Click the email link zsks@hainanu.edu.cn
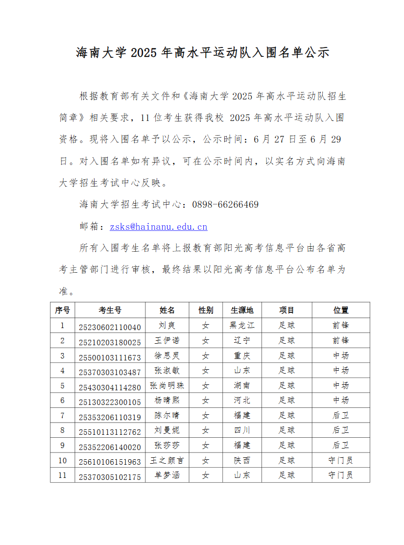(x=159, y=227)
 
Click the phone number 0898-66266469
(x=225, y=204)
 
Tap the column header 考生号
(x=110, y=310)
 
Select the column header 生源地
(x=242, y=310)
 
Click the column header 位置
(x=341, y=310)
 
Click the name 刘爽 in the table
(x=167, y=325)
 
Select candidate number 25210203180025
(x=110, y=342)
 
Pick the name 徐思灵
(x=167, y=355)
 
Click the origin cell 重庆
(x=242, y=355)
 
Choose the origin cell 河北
(x=242, y=400)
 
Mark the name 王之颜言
(x=167, y=460)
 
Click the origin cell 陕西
(x=242, y=460)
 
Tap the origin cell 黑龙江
(x=242, y=325)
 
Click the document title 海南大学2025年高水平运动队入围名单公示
(x=202, y=53)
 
